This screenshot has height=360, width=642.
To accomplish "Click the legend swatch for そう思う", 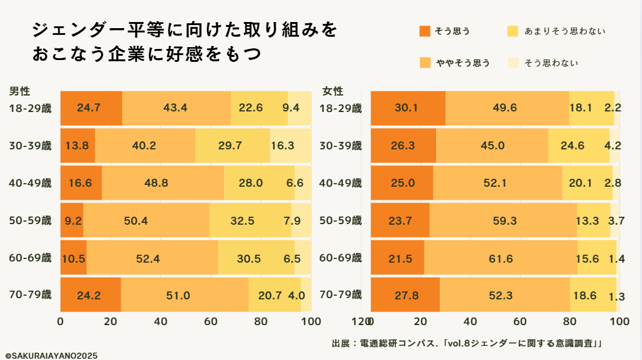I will [425, 31].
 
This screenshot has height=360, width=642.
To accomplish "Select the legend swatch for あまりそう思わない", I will [513, 31].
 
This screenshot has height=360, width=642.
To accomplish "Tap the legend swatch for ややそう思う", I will [425, 62].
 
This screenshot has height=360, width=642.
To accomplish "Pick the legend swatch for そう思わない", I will [513, 62].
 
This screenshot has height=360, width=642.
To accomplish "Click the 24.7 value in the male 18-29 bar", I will [89, 108].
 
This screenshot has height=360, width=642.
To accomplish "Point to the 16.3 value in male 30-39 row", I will [282, 146].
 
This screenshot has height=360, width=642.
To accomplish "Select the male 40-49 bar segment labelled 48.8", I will [162, 183].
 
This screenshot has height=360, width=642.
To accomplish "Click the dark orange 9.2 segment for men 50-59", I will [72, 220].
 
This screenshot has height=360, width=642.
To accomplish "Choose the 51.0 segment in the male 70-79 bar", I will [178, 296].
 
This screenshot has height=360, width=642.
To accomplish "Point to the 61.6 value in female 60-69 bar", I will [501, 258].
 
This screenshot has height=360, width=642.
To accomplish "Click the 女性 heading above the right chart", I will [333, 91].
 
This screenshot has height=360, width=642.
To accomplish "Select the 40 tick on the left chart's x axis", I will [160, 321].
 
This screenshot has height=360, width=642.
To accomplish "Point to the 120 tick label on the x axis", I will [360, 321].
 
